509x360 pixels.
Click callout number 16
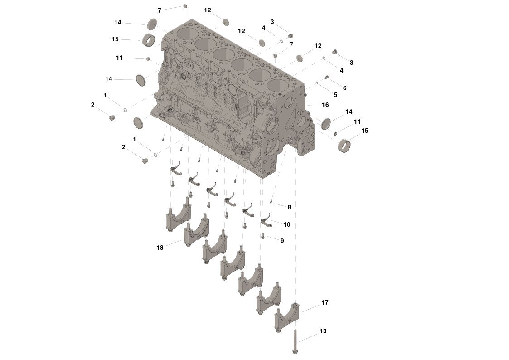[325, 105]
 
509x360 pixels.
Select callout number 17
[325, 302]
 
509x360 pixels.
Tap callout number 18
[160, 248]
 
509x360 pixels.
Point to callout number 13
[323, 331]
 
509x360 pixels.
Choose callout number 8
[289, 207]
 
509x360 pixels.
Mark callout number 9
[282, 241]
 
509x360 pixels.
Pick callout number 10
[286, 224]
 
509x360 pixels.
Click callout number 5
[336, 95]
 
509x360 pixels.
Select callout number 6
[345, 88]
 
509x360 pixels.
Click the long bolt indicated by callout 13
[296, 341]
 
